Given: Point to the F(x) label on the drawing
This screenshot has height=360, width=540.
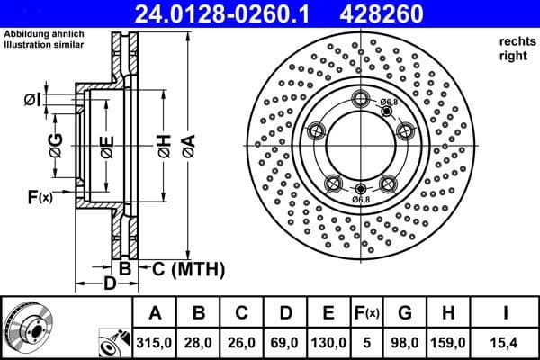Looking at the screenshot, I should [40, 197].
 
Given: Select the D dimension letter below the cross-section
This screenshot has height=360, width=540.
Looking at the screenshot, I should [109, 286].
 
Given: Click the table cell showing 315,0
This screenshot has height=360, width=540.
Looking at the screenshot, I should [155, 341].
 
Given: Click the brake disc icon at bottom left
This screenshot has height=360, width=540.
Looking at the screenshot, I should [26, 326].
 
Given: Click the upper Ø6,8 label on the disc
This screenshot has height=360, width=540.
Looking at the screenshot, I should [388, 102].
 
